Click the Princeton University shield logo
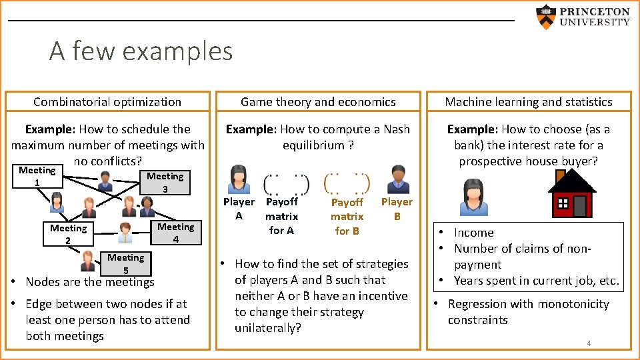(546, 17)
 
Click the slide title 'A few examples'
(141, 51)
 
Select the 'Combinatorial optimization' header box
(107, 102)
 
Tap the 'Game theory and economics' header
(318, 102)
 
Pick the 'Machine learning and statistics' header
(529, 102)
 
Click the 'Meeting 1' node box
(37, 177)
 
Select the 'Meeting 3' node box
(165, 183)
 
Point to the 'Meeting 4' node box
(175, 233)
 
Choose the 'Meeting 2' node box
(68, 234)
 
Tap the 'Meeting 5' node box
(125, 263)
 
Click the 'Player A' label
(238, 209)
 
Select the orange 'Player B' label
(397, 209)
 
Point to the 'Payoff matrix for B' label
(347, 216)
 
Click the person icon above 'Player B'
(397, 178)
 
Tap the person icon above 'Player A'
(239, 179)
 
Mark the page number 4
(589, 343)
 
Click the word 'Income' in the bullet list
(474, 233)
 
